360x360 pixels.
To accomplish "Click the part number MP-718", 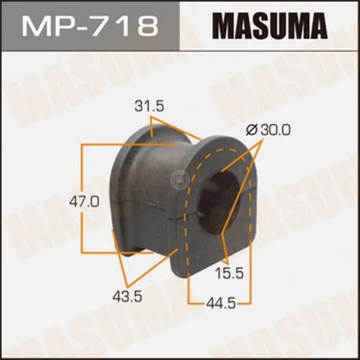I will click(91, 27).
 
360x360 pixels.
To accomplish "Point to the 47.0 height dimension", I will click(65, 202).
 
